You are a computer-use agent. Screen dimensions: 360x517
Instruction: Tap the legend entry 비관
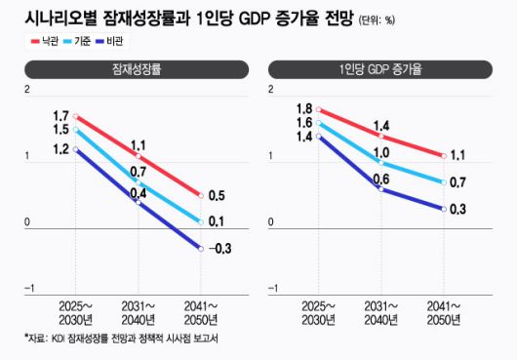coord(135,41)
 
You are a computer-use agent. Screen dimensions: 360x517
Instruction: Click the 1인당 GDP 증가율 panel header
coord(384,71)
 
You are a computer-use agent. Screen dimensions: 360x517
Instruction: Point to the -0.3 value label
coord(220,249)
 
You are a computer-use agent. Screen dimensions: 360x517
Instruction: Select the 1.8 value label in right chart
coord(304,108)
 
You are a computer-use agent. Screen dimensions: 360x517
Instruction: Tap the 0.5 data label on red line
coord(218,195)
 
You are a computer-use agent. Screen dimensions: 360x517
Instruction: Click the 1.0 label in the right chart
coord(380,152)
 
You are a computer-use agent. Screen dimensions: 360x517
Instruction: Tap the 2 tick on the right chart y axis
coord(273,90)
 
